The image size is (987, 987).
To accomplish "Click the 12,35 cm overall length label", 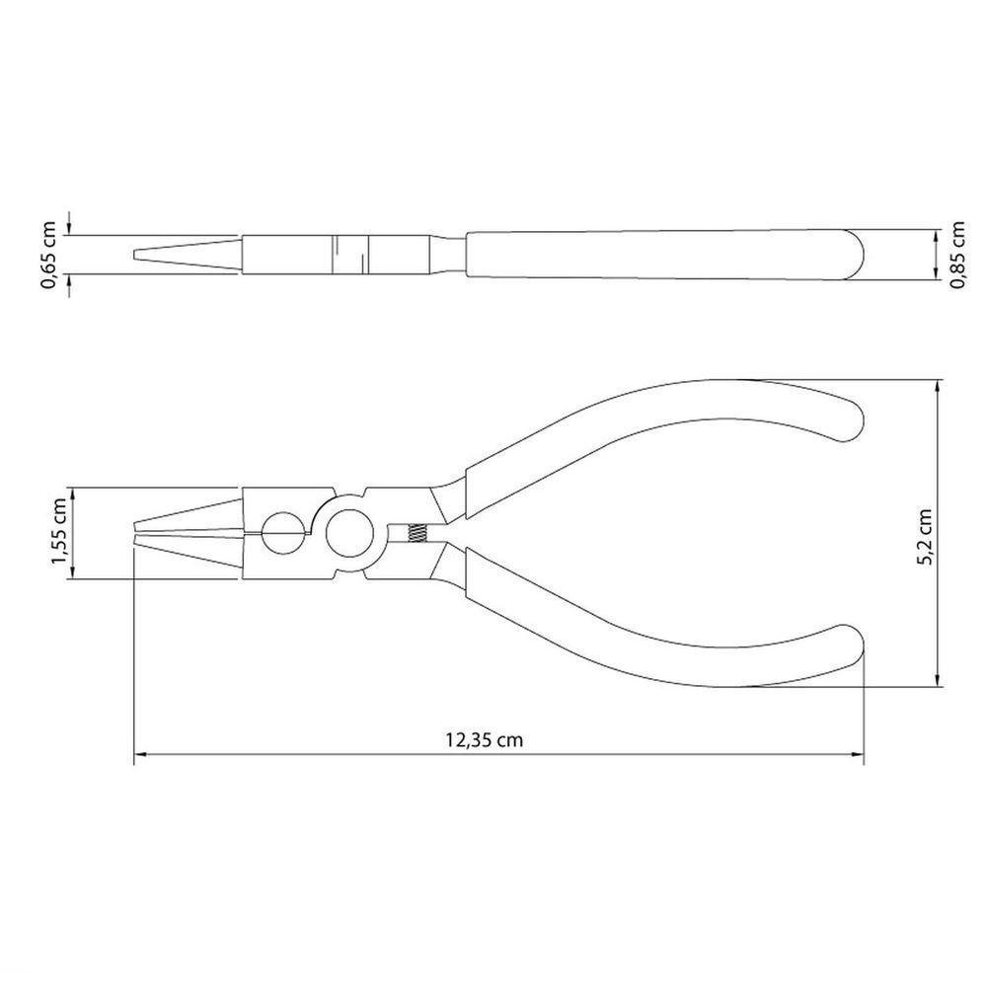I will [484, 739].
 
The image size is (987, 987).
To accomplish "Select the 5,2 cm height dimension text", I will [925, 537].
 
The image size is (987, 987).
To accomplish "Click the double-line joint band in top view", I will [349, 255].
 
